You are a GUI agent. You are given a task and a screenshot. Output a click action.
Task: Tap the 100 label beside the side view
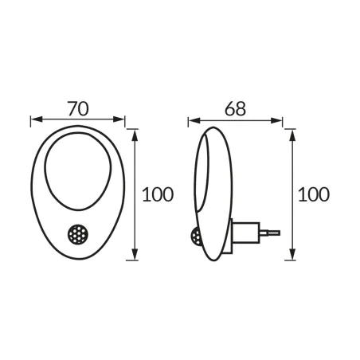(x=313, y=194)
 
